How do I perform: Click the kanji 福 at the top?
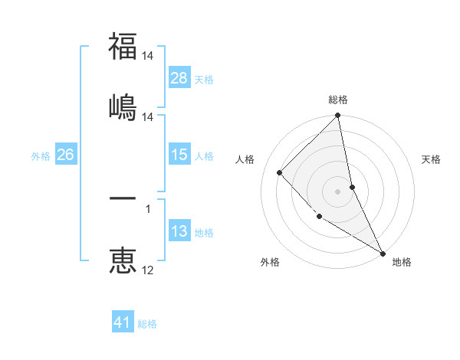coord(123,47)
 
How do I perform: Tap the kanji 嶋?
coord(123,105)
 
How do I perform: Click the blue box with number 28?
coord(179,77)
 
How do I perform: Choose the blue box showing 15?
coord(179,155)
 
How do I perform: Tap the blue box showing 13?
coord(179,231)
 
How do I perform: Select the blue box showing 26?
coord(65,155)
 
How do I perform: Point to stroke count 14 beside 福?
coord(148,56)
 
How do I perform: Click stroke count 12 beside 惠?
coord(148,270)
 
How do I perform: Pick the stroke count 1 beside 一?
coord(148,208)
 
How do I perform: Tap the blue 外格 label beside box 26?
coord(41,155)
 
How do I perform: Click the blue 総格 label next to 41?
coord(147,324)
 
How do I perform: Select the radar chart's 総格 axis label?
coord(338,100)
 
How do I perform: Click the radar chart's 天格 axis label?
coord(431,159)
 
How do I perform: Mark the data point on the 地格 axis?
coord(383,253)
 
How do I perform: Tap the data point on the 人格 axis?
coord(280,172)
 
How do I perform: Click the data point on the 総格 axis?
coord(338,116)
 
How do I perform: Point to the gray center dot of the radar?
coord(338,191)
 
